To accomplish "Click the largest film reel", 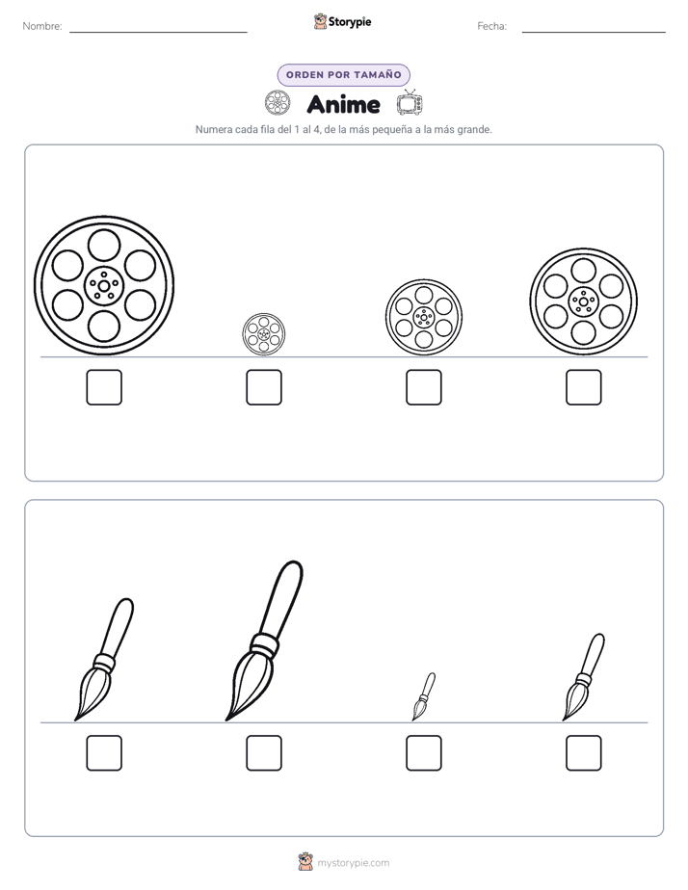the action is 104,285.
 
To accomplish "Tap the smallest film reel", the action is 263,334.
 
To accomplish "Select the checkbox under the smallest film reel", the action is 264,387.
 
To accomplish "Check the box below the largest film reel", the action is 104,387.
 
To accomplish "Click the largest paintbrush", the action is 265,641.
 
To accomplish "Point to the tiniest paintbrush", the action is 423,696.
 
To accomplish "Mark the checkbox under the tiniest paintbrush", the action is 424,753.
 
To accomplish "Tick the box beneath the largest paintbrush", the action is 264,753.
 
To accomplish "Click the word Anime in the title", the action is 343,104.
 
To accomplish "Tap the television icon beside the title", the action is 410,103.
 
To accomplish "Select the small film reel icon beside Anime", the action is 278,103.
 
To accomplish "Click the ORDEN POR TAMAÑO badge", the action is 343,75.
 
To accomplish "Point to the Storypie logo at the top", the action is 342,21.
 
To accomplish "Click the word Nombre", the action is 42,26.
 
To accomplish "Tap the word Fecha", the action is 492,26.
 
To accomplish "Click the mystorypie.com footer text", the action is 353,863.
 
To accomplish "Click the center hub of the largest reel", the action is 104,285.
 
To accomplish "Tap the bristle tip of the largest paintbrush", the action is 227,720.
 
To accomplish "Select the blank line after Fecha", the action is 594,32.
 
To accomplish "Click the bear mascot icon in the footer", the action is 305,862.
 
